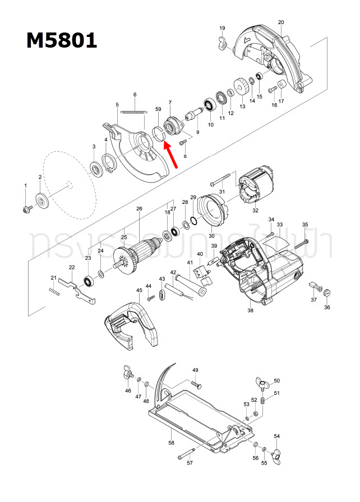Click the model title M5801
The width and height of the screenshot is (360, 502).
61,40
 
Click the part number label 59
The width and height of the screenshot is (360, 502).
158,109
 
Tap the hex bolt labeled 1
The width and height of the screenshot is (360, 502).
26,208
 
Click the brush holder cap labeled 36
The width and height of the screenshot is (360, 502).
328,292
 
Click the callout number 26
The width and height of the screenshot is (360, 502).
139,209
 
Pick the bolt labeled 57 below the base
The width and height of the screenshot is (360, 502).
187,454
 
